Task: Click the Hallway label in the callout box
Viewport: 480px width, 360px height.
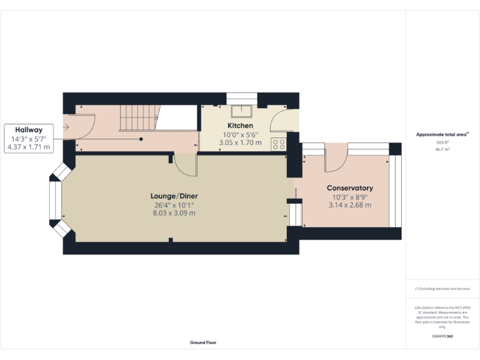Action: coord(29,129)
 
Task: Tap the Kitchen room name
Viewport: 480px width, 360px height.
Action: coord(240,126)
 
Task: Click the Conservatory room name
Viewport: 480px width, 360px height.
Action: coord(349,188)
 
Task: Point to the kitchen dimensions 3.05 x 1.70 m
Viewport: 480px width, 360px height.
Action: coord(240,142)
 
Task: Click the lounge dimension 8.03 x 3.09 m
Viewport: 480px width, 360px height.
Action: coord(175,212)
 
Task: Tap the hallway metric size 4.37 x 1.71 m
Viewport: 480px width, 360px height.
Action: coord(29,147)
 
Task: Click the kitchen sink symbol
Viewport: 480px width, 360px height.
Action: coord(240,111)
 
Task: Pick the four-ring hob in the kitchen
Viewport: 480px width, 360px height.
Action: coord(278,144)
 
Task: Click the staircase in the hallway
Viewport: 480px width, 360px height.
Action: coord(137,117)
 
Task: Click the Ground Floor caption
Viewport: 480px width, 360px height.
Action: coord(203,342)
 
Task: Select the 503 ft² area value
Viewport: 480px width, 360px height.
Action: coord(442,142)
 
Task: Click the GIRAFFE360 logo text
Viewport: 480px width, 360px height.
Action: coord(442,336)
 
